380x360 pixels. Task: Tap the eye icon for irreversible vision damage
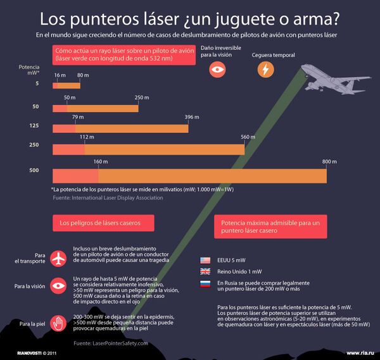point(217,70)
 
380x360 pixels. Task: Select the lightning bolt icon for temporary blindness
point(265,70)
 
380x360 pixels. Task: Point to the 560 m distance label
point(248,137)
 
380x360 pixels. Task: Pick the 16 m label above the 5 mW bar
point(60,75)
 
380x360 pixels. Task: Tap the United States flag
point(205,260)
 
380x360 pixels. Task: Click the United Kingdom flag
point(205,271)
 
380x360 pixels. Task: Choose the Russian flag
point(205,283)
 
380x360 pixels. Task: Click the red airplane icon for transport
point(58,258)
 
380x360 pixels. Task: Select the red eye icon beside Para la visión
point(58,286)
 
